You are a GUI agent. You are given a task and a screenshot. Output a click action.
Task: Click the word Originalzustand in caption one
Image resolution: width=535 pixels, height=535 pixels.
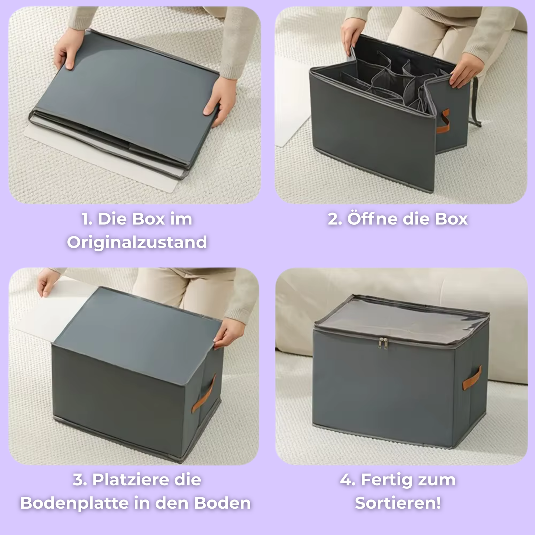[x=137, y=243]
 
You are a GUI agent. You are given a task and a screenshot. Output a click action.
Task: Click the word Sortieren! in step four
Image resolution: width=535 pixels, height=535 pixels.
[x=398, y=503]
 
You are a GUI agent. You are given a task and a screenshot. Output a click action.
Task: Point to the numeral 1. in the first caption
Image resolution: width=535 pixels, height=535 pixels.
[x=87, y=219]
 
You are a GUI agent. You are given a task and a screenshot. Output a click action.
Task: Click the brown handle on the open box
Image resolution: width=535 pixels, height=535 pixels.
[x=443, y=121]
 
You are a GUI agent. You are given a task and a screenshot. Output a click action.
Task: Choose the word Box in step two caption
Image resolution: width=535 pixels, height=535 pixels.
[x=451, y=219]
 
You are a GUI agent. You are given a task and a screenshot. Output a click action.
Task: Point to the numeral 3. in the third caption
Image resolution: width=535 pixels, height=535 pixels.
[x=80, y=480]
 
